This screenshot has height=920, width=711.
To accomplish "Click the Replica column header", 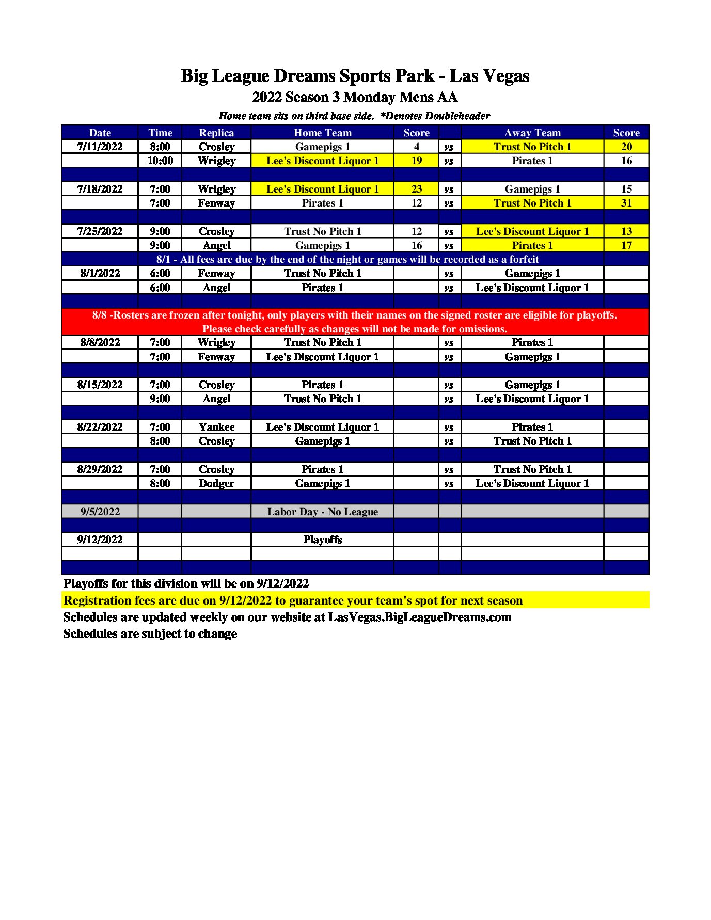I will [216, 133].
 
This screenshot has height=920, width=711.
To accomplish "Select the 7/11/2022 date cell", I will [100, 147].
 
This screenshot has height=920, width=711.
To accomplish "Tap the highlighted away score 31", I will [626, 203].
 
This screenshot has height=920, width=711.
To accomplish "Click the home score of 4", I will [416, 147].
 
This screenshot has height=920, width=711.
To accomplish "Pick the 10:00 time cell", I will [160, 161].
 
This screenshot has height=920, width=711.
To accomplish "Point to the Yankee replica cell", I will [216, 427].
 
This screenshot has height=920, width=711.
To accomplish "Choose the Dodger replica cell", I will [216, 483].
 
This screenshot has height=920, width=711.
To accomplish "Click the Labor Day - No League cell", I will [322, 512].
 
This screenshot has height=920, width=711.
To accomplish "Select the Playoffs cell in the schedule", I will [322, 540].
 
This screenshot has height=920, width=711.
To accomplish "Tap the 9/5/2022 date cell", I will [100, 512].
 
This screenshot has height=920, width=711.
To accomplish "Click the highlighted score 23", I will [416, 189].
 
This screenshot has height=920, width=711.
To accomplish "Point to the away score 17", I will [626, 245].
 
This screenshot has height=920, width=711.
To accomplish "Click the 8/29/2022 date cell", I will [100, 469].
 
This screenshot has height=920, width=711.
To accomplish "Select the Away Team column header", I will [532, 133].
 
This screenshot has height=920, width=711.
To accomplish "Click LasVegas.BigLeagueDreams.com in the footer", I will [420, 617].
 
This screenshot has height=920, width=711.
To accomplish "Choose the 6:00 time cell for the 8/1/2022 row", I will [160, 273].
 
